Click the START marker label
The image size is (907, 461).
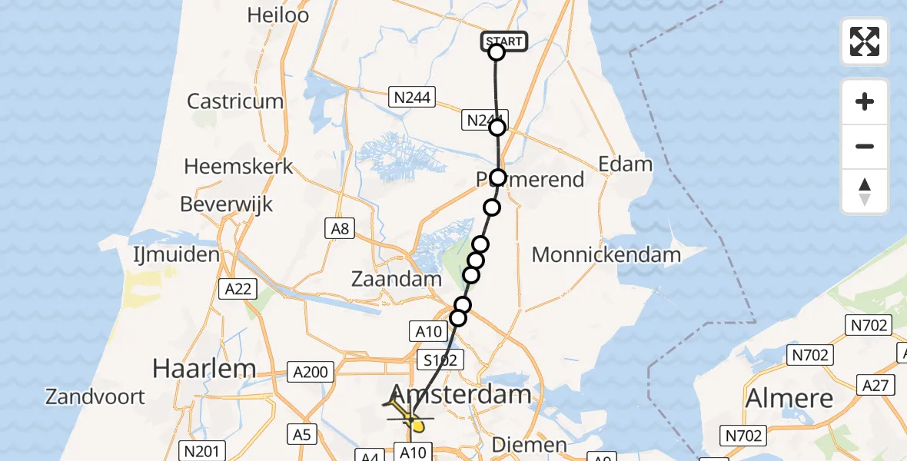[505, 41]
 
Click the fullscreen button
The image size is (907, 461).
[865, 41]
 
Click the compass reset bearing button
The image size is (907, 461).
[865, 191]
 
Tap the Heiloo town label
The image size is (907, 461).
[278, 15]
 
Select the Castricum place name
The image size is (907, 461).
[235, 101]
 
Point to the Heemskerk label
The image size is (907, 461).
[239, 165]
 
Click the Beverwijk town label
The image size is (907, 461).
[226, 204]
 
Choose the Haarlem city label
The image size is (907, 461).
[204, 368]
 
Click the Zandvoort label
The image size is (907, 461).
[95, 396]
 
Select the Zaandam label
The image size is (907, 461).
[397, 279]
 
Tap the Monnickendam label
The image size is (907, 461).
[606, 254]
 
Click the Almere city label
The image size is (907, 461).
[789, 398]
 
